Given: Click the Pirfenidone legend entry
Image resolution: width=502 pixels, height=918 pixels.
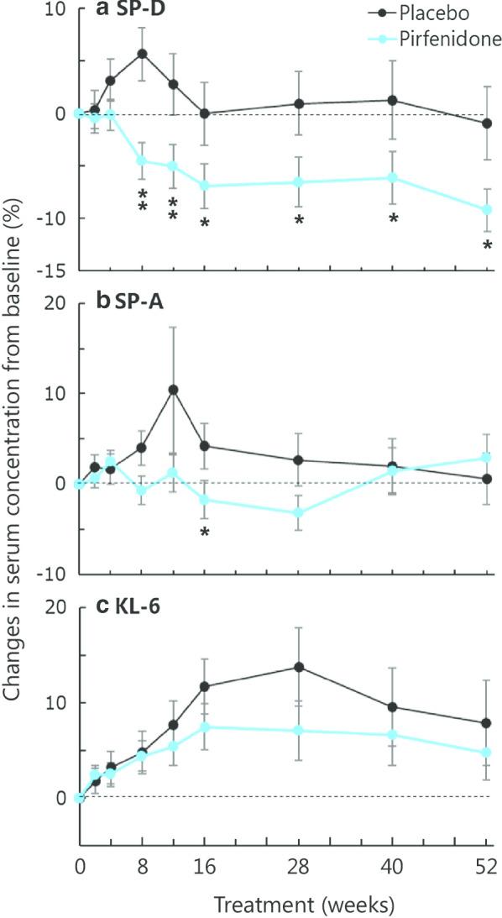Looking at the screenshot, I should (442, 39).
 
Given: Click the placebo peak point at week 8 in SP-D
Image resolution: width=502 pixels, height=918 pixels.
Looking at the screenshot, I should (142, 54).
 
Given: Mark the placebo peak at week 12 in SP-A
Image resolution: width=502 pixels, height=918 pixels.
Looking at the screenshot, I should (173, 390).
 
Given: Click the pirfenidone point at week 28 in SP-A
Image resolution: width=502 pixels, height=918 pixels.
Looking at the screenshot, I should (298, 512).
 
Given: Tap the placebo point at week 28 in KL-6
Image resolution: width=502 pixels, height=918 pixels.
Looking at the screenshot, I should (298, 667).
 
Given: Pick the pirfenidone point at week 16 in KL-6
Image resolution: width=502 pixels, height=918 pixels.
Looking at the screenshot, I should (204, 727).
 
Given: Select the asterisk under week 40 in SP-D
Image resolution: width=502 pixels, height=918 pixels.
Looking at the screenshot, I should (392, 220).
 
